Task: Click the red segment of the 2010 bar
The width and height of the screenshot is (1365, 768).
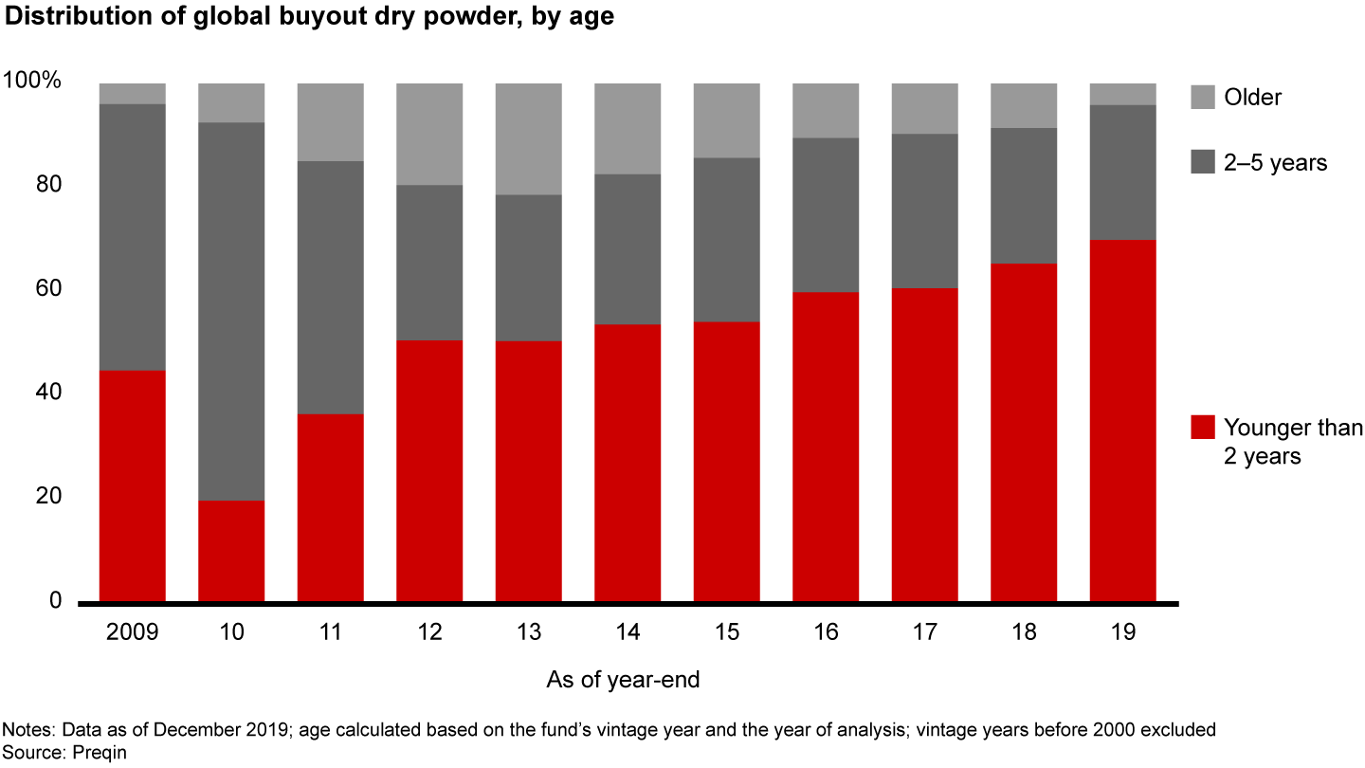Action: pos(231,551)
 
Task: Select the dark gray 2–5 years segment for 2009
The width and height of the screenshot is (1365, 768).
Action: pos(133,237)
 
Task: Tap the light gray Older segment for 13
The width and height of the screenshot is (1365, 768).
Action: pos(528,138)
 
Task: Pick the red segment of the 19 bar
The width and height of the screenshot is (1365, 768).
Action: pos(1122,421)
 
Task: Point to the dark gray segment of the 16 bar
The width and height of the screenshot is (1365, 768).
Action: pos(826,215)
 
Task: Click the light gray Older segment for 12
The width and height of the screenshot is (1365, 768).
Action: pos(429,134)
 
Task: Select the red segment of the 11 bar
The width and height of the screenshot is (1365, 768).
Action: pos(331,507)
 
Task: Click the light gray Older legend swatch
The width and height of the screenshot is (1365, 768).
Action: pos(1202,97)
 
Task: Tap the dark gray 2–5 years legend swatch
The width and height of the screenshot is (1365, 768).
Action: pos(1202,162)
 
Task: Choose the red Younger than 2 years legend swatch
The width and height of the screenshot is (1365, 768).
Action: pos(1202,427)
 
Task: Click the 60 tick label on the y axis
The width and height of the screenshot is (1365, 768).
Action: pos(49,289)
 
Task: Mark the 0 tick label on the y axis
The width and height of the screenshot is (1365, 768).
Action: pos(55,601)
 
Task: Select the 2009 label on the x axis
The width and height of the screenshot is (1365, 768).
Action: pos(133,632)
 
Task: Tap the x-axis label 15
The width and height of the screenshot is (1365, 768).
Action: pos(727,632)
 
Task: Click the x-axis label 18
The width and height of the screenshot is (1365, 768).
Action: pos(1024,632)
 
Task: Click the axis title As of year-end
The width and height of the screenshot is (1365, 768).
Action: pos(624,680)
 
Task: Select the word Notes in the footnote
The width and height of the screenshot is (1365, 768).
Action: pos(27,729)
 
